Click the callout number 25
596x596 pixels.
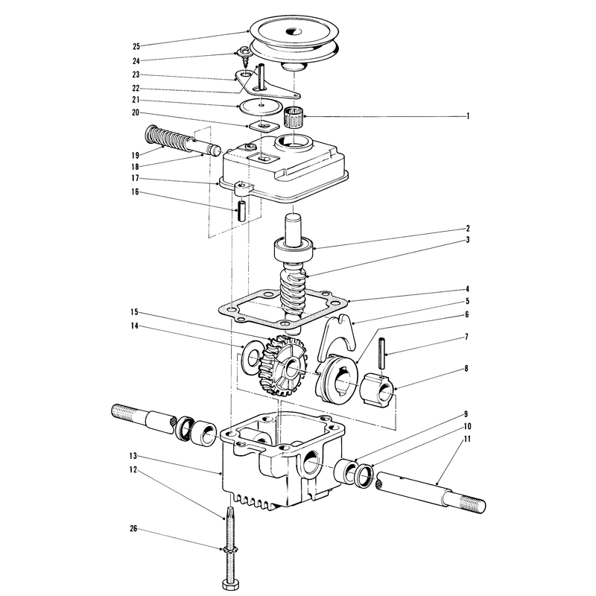(x=136, y=46)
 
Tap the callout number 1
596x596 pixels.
(x=468, y=116)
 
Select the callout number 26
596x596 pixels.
(x=133, y=529)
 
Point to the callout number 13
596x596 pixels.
(x=133, y=456)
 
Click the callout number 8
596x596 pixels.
(x=466, y=368)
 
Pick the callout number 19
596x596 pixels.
(x=136, y=155)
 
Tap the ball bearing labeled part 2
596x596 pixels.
(x=294, y=250)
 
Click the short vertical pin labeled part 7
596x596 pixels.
(x=382, y=353)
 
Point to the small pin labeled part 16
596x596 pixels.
(x=241, y=211)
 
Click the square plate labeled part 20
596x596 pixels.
(x=261, y=125)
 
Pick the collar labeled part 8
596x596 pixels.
(x=378, y=390)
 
